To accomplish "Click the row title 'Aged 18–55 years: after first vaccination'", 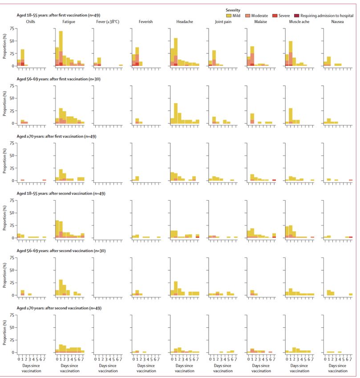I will pyautogui.click(x=57, y=15).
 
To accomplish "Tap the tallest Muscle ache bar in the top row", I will pyautogui.click(x=291, y=53).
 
